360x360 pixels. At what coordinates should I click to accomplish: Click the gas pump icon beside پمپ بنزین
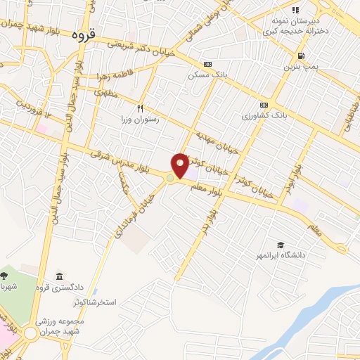(x=301, y=56)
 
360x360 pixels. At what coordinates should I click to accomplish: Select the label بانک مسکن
(x=206, y=74)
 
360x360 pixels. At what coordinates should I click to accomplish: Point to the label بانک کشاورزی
(x=263, y=115)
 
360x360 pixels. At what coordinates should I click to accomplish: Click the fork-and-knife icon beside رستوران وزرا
(x=140, y=108)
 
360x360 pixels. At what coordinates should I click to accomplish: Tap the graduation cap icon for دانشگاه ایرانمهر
(x=281, y=244)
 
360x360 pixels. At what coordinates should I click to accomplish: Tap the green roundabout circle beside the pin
(x=170, y=179)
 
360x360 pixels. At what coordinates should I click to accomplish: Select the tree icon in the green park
(x=5, y=274)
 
